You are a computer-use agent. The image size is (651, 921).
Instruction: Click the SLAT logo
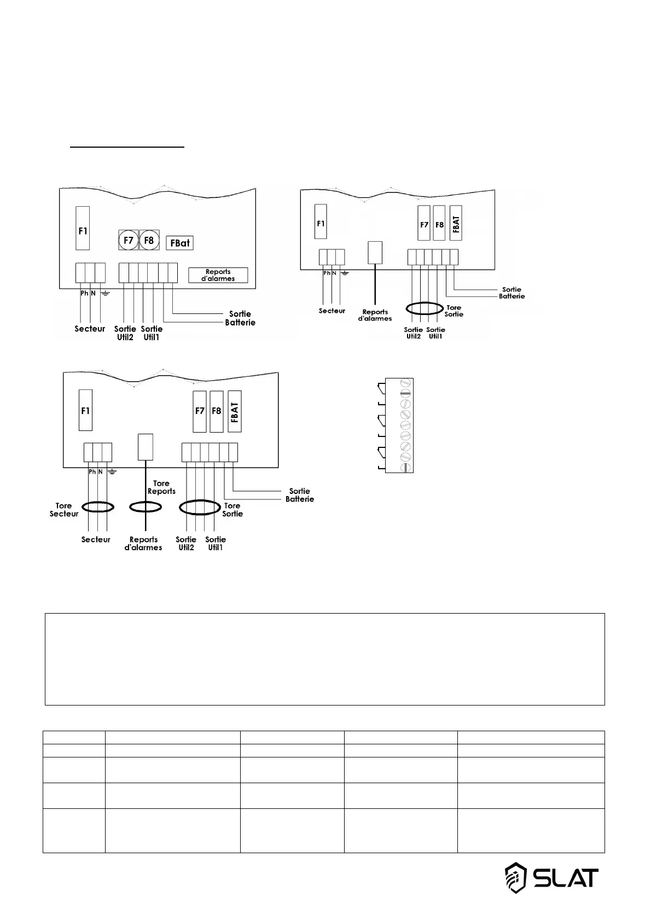tap(551, 878)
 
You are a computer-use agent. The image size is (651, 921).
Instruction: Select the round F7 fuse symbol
tap(129, 240)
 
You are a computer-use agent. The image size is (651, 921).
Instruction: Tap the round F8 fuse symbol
tap(149, 240)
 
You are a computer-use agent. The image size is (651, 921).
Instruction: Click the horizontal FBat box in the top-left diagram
tap(179, 242)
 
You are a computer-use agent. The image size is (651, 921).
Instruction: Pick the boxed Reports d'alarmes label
tap(218, 275)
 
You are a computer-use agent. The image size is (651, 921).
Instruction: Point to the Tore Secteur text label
tap(64, 510)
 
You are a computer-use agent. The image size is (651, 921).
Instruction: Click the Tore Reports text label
tap(161, 487)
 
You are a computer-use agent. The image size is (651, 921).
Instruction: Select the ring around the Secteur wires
tap(97, 507)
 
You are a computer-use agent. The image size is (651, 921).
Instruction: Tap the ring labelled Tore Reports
tap(145, 508)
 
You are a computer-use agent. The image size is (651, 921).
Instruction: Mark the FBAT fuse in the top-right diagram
tap(456, 223)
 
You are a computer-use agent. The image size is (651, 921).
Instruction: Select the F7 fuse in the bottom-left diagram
tap(200, 411)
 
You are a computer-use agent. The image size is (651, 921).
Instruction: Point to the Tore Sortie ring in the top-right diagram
tap(424, 308)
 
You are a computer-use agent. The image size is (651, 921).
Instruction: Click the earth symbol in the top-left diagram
tap(105, 294)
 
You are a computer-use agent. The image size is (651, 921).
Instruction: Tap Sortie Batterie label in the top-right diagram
tap(512, 293)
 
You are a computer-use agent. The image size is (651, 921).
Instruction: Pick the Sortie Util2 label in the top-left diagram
tap(125, 333)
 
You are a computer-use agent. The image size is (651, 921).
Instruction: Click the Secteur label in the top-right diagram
tap(332, 311)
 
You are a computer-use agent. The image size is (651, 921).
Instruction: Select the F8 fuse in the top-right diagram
tap(439, 223)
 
